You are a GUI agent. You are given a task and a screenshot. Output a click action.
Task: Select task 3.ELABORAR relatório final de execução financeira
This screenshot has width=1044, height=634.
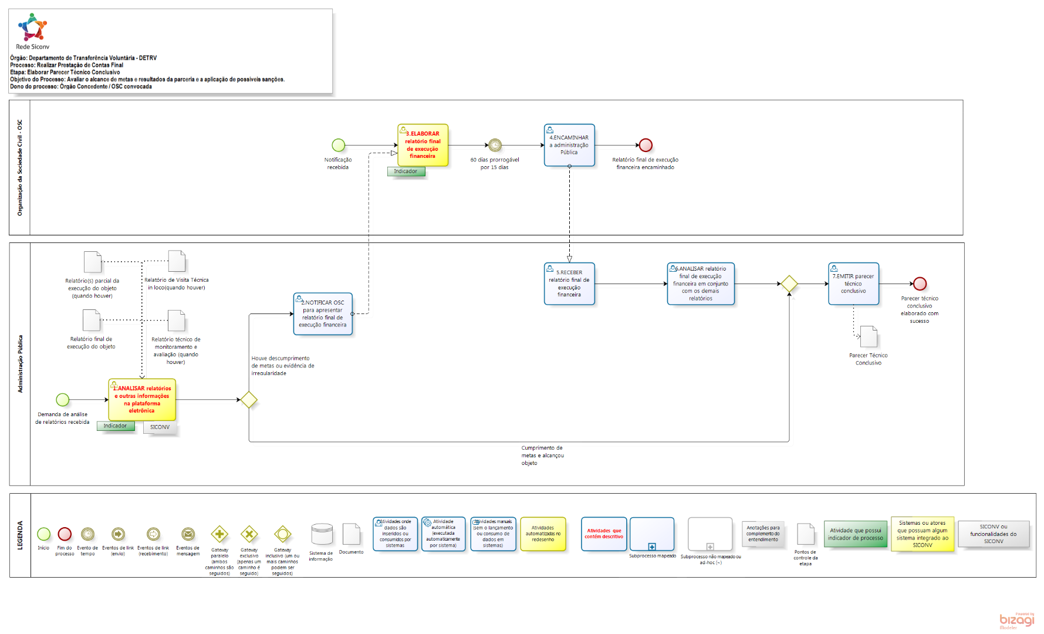pos(423,145)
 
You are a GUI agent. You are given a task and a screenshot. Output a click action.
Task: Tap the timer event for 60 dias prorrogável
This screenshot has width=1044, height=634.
pos(495,145)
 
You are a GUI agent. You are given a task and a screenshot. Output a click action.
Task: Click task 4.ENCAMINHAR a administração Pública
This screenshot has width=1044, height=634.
pos(569,145)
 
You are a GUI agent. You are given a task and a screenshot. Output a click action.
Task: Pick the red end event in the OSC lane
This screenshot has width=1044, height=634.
pos(646,145)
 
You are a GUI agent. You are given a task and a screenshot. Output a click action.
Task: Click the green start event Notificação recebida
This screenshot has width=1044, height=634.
pos(338,145)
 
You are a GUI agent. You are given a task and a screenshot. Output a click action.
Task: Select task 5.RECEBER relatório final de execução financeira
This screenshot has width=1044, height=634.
pos(569,284)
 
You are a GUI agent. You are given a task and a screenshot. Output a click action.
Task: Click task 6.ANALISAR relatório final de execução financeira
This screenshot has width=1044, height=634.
pos(701,284)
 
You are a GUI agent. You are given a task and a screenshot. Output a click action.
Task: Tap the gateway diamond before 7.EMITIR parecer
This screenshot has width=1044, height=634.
pos(789,284)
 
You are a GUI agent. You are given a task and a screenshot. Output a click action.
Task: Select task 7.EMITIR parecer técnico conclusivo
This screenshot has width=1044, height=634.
pos(853,284)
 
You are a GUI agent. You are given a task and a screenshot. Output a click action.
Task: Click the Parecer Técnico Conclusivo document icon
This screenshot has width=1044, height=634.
pos(869,337)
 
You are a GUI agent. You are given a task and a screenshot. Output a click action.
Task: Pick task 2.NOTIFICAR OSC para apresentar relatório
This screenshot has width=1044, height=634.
pos(323,314)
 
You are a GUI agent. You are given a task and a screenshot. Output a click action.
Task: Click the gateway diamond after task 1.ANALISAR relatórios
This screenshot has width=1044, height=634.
pos(249,400)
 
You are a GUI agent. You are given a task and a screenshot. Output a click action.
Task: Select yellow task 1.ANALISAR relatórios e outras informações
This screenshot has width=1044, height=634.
pos(142,400)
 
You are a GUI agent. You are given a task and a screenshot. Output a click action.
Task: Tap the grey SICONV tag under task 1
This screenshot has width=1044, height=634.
pos(160,427)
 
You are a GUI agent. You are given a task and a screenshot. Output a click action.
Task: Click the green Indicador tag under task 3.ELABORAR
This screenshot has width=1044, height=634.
pos(406,171)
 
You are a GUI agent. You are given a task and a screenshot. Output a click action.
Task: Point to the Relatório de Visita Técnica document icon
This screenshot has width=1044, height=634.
pos(177,261)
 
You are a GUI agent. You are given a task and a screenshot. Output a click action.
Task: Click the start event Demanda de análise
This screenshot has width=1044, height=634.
pos(63,400)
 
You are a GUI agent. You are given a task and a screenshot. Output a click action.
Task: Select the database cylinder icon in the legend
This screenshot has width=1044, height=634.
pos(322,535)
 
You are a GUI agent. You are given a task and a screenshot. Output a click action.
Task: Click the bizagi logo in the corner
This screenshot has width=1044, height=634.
pos(1017,620)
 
